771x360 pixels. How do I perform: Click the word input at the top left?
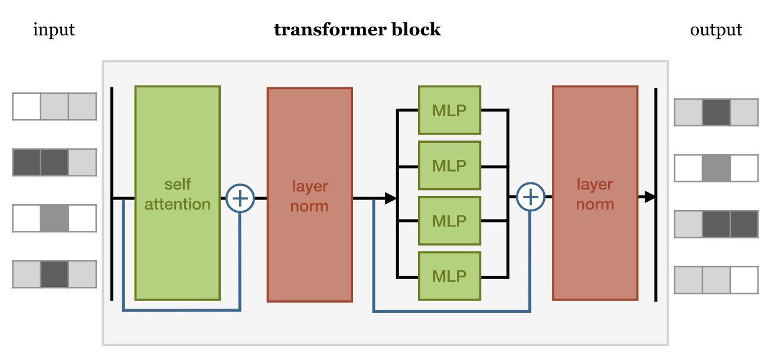click(54, 30)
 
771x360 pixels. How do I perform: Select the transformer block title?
click(357, 30)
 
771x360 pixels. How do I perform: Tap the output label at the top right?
click(716, 30)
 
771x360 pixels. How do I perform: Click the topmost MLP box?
click(449, 110)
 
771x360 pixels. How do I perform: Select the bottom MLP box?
click(449, 276)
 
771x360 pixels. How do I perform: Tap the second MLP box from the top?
click(449, 165)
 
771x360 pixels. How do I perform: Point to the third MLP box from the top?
click(449, 221)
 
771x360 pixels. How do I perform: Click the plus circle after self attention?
click(240, 198)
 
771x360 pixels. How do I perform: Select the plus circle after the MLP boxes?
click(530, 197)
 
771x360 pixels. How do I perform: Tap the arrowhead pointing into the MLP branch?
click(390, 198)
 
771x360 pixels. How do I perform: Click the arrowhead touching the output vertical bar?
click(649, 197)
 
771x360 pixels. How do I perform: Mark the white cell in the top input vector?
click(27, 106)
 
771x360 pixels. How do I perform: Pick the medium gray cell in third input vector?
click(54, 218)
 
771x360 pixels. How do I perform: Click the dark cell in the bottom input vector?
click(54, 274)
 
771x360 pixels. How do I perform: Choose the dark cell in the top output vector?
click(716, 112)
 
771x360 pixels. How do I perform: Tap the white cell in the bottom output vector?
click(744, 280)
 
